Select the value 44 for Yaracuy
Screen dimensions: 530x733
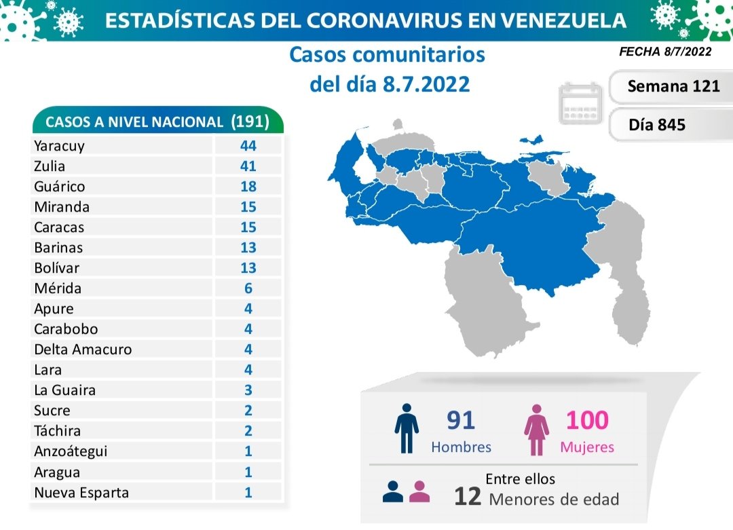pos(248,145)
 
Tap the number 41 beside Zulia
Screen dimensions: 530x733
pos(248,166)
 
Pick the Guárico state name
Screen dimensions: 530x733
pos(59,186)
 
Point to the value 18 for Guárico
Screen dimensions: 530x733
pos(248,186)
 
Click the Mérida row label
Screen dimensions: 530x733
pos(58,288)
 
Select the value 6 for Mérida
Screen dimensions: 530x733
pos(248,288)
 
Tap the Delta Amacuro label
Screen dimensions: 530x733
pos(82,349)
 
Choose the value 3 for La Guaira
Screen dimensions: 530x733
pos(248,390)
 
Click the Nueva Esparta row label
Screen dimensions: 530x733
pos(81,492)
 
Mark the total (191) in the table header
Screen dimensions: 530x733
pos(250,121)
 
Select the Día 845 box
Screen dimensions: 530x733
pos(657,125)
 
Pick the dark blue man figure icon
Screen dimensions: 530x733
pos(406,428)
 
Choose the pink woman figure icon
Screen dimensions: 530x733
pos(536,429)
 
